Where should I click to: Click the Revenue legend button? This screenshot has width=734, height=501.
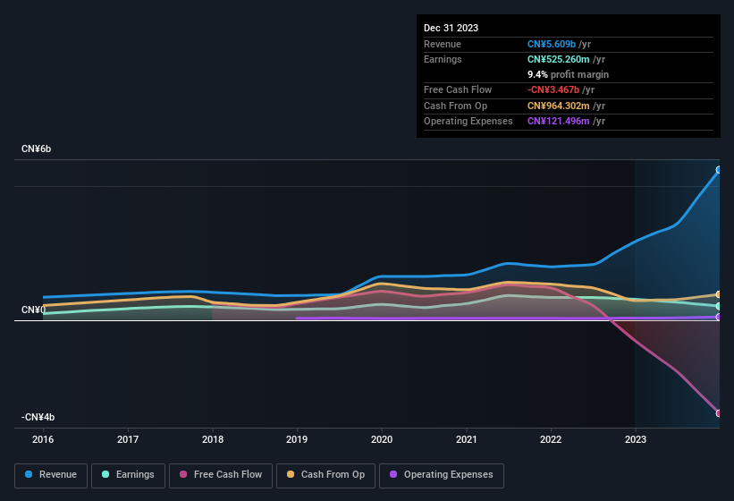tap(51, 475)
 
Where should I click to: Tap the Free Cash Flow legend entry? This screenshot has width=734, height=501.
tap(221, 475)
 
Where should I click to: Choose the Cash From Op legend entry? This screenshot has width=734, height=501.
tap(325, 475)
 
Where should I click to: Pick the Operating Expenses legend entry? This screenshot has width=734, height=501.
tap(442, 475)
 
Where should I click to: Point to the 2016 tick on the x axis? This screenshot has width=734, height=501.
tap(43, 439)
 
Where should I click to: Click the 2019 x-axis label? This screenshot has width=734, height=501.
tap(297, 439)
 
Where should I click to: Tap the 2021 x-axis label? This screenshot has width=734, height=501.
tap(466, 439)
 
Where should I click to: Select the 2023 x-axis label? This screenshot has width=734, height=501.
tap(635, 439)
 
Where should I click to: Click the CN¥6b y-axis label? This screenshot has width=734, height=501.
tap(37, 149)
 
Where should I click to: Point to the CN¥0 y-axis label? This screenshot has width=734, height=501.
tap(33, 310)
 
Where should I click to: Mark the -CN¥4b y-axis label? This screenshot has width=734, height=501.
tap(38, 418)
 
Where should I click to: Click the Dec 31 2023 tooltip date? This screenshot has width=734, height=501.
tap(451, 28)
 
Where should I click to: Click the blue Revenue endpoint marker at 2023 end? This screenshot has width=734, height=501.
tap(719, 170)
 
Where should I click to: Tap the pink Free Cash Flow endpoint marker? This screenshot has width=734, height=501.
tap(719, 413)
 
